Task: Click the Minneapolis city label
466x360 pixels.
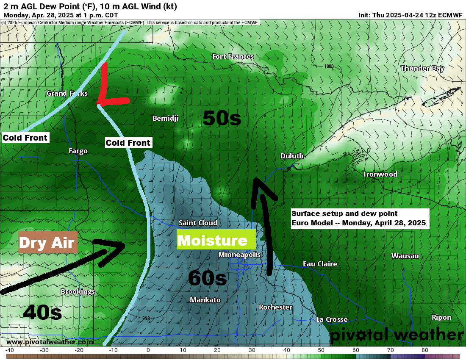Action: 239,255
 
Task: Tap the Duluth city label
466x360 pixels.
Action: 292,156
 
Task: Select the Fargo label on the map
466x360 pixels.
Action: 78,151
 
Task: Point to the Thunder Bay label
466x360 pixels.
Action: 422,68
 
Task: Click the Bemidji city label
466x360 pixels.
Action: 165,118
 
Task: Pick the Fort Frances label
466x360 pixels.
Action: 233,56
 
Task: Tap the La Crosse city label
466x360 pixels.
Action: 332,319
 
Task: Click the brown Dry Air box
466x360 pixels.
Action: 48,242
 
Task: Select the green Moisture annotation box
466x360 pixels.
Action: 216,241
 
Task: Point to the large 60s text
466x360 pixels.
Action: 207,278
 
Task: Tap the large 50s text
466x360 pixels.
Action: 222,118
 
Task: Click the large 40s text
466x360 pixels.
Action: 42,313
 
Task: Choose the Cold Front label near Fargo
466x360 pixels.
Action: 128,143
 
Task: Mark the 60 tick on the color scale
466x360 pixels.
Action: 356,350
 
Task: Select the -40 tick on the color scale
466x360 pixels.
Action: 10,350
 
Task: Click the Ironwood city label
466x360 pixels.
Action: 380,174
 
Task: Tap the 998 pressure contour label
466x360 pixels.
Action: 146,318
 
